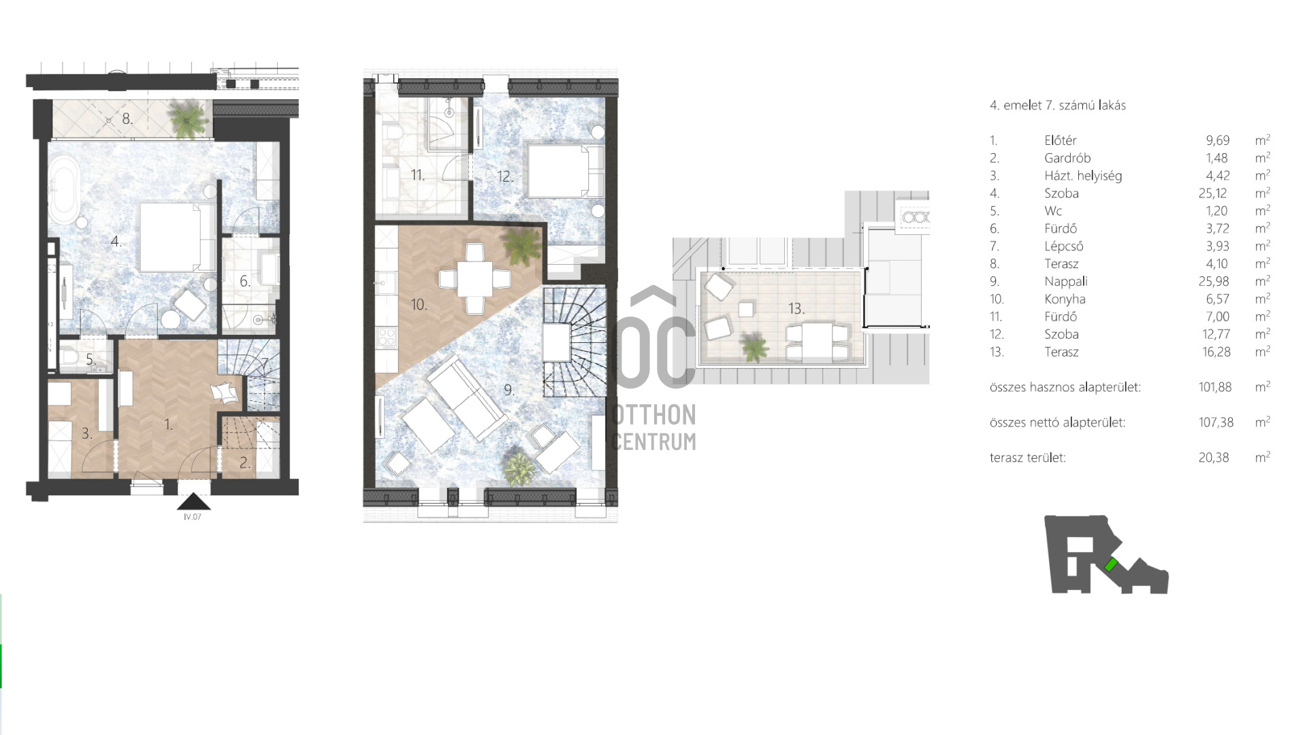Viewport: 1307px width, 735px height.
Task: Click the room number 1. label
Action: coord(168,425)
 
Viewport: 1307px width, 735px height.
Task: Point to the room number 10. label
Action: coord(419,304)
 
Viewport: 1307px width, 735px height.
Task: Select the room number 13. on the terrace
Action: coord(796,308)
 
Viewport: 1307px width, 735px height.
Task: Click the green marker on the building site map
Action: coord(1111,564)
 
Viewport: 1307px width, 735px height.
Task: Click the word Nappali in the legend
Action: coord(1066,281)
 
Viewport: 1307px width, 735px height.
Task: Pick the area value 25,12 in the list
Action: coord(1212,193)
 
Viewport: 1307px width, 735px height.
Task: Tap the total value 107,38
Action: coord(1216,423)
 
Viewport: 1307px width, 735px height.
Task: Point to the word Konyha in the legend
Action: coord(1065,299)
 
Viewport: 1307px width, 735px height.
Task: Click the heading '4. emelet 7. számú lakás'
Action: coord(1057,105)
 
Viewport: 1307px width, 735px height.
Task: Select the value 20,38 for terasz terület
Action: coord(1214,458)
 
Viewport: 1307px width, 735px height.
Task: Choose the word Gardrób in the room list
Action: coord(1067,158)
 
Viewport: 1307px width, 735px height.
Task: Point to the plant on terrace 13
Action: coord(754,346)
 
